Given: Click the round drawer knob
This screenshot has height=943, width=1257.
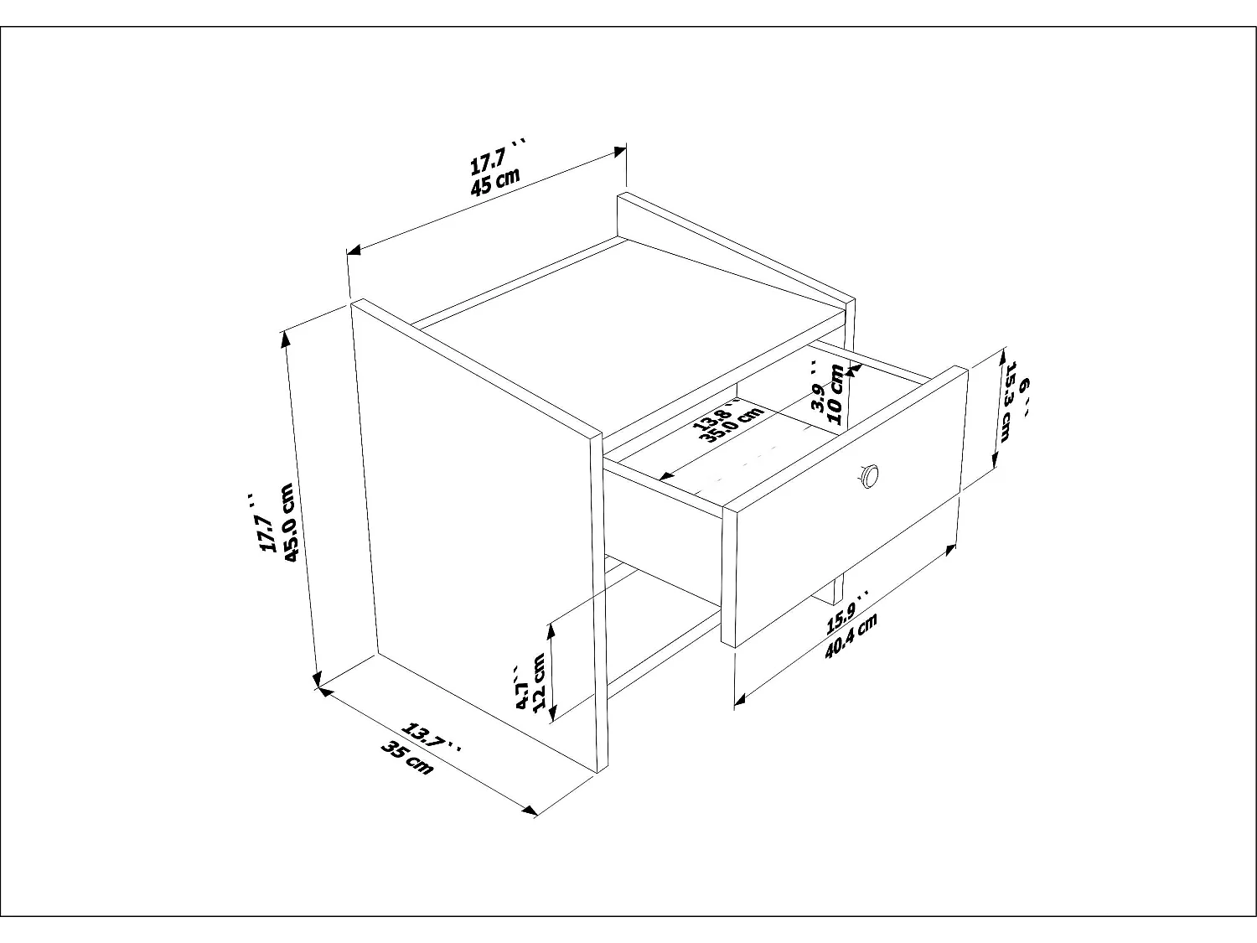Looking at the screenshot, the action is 869,476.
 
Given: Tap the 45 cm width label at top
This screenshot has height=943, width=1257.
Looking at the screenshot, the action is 495,182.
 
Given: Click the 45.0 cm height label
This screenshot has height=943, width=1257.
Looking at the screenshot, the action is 288,523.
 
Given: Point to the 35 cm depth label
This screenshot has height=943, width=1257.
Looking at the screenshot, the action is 407,759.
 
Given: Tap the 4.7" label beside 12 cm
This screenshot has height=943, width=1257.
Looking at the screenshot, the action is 521,687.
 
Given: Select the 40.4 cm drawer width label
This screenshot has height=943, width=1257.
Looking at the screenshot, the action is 851,635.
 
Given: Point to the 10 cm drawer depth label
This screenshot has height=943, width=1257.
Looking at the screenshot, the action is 835,395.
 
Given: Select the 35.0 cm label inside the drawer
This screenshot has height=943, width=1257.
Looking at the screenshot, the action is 735,424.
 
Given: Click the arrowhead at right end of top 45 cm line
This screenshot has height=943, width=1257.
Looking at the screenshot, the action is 619,153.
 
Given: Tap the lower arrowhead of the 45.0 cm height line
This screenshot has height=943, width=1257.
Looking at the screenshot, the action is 316,679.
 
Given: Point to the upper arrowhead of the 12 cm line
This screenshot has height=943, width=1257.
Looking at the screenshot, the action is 551,630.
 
